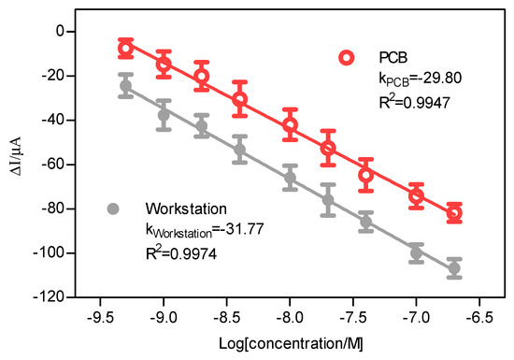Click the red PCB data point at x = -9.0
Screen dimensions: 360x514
tap(164, 64)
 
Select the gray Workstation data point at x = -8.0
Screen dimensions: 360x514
tap(290, 178)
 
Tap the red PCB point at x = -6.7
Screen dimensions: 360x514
tap(454, 213)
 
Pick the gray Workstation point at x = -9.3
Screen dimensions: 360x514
tap(126, 86)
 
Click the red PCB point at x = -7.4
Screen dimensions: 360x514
tap(366, 175)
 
